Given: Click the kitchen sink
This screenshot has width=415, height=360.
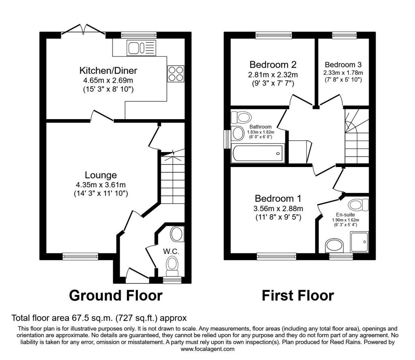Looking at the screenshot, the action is coord(141,48).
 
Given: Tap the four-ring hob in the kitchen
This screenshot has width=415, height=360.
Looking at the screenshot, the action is coord(176,74).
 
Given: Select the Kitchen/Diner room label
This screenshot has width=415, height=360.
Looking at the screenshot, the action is coord(108,71).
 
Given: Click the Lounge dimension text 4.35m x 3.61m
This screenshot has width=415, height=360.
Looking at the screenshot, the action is coord(101,184).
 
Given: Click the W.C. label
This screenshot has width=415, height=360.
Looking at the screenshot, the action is coord(171,251).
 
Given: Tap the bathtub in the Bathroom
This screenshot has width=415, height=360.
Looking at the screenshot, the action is coord(257,153).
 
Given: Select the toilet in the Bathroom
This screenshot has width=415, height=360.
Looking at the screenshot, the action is coord(241,117).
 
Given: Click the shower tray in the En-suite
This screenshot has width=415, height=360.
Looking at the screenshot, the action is coord(359,242).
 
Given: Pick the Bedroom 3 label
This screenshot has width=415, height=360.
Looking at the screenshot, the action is coord(343,64).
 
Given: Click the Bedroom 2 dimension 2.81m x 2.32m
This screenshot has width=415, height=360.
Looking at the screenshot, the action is coord(273,75).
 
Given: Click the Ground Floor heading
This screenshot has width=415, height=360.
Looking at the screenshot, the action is coord(116,296).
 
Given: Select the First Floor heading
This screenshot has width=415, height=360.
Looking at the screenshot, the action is coord(298,296).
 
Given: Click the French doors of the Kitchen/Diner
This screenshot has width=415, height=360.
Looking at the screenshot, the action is coord(83,30).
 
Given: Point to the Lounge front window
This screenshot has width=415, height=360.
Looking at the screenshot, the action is coord(80,256).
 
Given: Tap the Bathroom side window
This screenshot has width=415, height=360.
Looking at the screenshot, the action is coord(227,139).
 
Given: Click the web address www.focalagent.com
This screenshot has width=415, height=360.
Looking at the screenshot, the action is coord(207,349).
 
